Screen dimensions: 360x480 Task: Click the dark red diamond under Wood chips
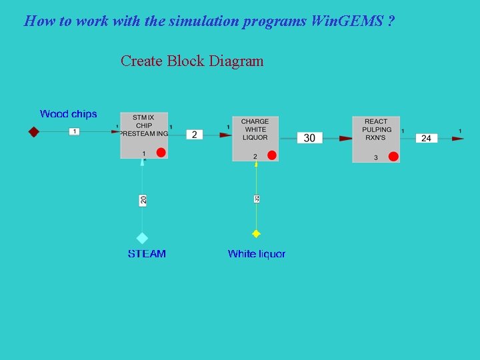point(34,132)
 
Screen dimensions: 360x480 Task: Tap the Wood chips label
point(68,114)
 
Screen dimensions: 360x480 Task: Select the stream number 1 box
point(75,132)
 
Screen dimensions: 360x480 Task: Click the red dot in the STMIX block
point(161,153)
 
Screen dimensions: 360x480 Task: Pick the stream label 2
point(194,135)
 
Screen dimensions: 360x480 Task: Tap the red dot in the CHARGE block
point(271,155)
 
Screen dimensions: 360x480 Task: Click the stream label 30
point(309,138)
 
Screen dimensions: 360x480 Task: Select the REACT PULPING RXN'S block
point(376,137)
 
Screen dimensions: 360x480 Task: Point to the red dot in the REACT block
point(393,157)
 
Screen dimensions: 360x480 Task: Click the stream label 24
point(427,138)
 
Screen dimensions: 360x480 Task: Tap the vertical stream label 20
point(143,199)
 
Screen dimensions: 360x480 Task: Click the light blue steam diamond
point(142,238)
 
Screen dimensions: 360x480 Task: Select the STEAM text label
point(147,254)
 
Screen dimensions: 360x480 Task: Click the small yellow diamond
point(256,234)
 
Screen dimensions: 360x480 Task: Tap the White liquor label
point(256,254)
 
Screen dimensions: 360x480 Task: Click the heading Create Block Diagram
point(192,61)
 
